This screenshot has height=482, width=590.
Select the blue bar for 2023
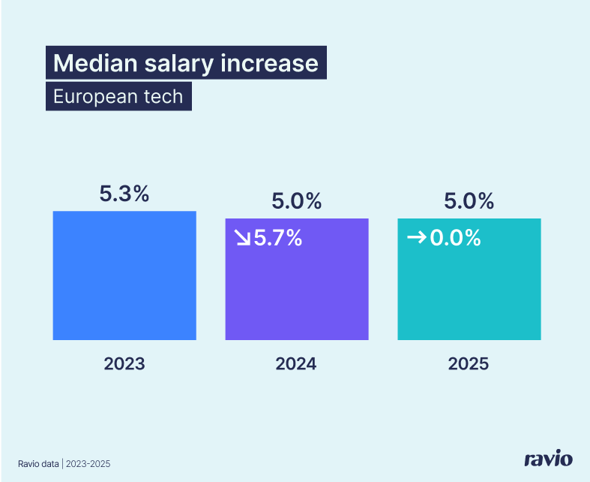tap(124, 285)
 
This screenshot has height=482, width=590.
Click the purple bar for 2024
tap(297, 293)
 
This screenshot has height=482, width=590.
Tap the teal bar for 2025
tap(469, 293)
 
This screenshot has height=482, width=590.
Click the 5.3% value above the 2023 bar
tap(124, 194)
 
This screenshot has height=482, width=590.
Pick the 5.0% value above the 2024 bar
tap(297, 201)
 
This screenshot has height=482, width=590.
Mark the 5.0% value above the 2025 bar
tap(469, 201)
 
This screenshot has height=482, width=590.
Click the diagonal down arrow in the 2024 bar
tap(242, 238)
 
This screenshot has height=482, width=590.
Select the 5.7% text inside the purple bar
tap(278, 238)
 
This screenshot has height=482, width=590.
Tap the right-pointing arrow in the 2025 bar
tap(415, 238)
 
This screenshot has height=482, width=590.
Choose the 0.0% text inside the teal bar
tap(454, 238)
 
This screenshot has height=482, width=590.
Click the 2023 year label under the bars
tap(124, 364)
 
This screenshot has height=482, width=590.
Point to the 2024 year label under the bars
tap(297, 364)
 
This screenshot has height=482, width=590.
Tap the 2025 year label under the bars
tap(469, 364)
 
